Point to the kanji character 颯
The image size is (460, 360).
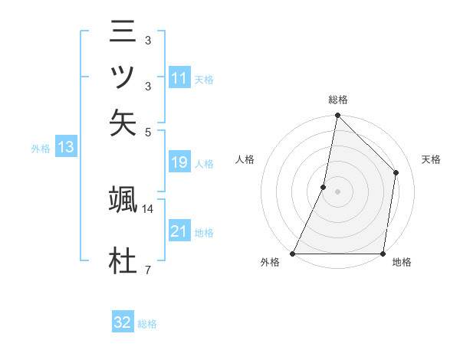pos(123,201)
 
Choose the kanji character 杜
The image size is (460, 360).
pos(123,261)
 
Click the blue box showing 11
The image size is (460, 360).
pos(179,78)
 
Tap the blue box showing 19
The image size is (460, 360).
pos(179,163)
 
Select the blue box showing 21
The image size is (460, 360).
pos(179,231)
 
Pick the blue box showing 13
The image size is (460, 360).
pos(65,148)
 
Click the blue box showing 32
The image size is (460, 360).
pos(123,323)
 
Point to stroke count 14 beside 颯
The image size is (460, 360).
pos(148,208)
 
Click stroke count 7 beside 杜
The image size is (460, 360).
pos(147,269)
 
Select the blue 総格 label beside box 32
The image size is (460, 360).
pos(147,324)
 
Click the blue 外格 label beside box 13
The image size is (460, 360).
pos(41,149)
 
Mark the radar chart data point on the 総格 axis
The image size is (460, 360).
pos(337,116)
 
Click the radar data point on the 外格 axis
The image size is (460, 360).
pos(293,253)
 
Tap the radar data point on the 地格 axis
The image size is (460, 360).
pos(383,253)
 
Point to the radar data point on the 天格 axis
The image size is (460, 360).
pos(396,172)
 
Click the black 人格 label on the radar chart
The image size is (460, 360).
pos(245,159)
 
